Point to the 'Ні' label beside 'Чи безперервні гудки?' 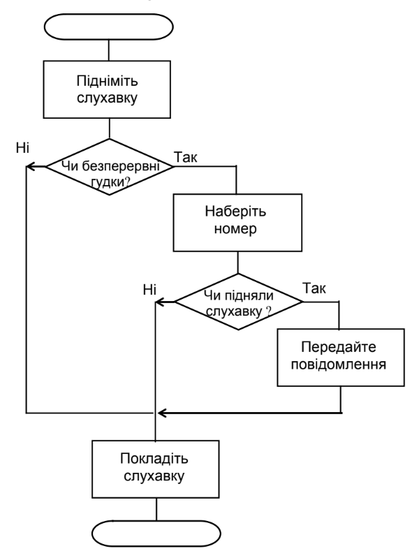tap(22, 147)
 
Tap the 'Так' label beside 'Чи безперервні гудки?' tap(186, 157)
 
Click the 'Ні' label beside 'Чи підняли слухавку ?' tap(150, 290)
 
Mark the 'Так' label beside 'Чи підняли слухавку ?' tap(314, 288)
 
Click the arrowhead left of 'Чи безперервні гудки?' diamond tap(31, 166)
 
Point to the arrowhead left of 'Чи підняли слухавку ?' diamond tap(160, 302)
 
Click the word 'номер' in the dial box tap(235, 229)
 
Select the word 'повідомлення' tap(339, 365)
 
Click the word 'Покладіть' tap(154, 459)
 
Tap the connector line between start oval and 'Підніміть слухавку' tap(108, 50)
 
